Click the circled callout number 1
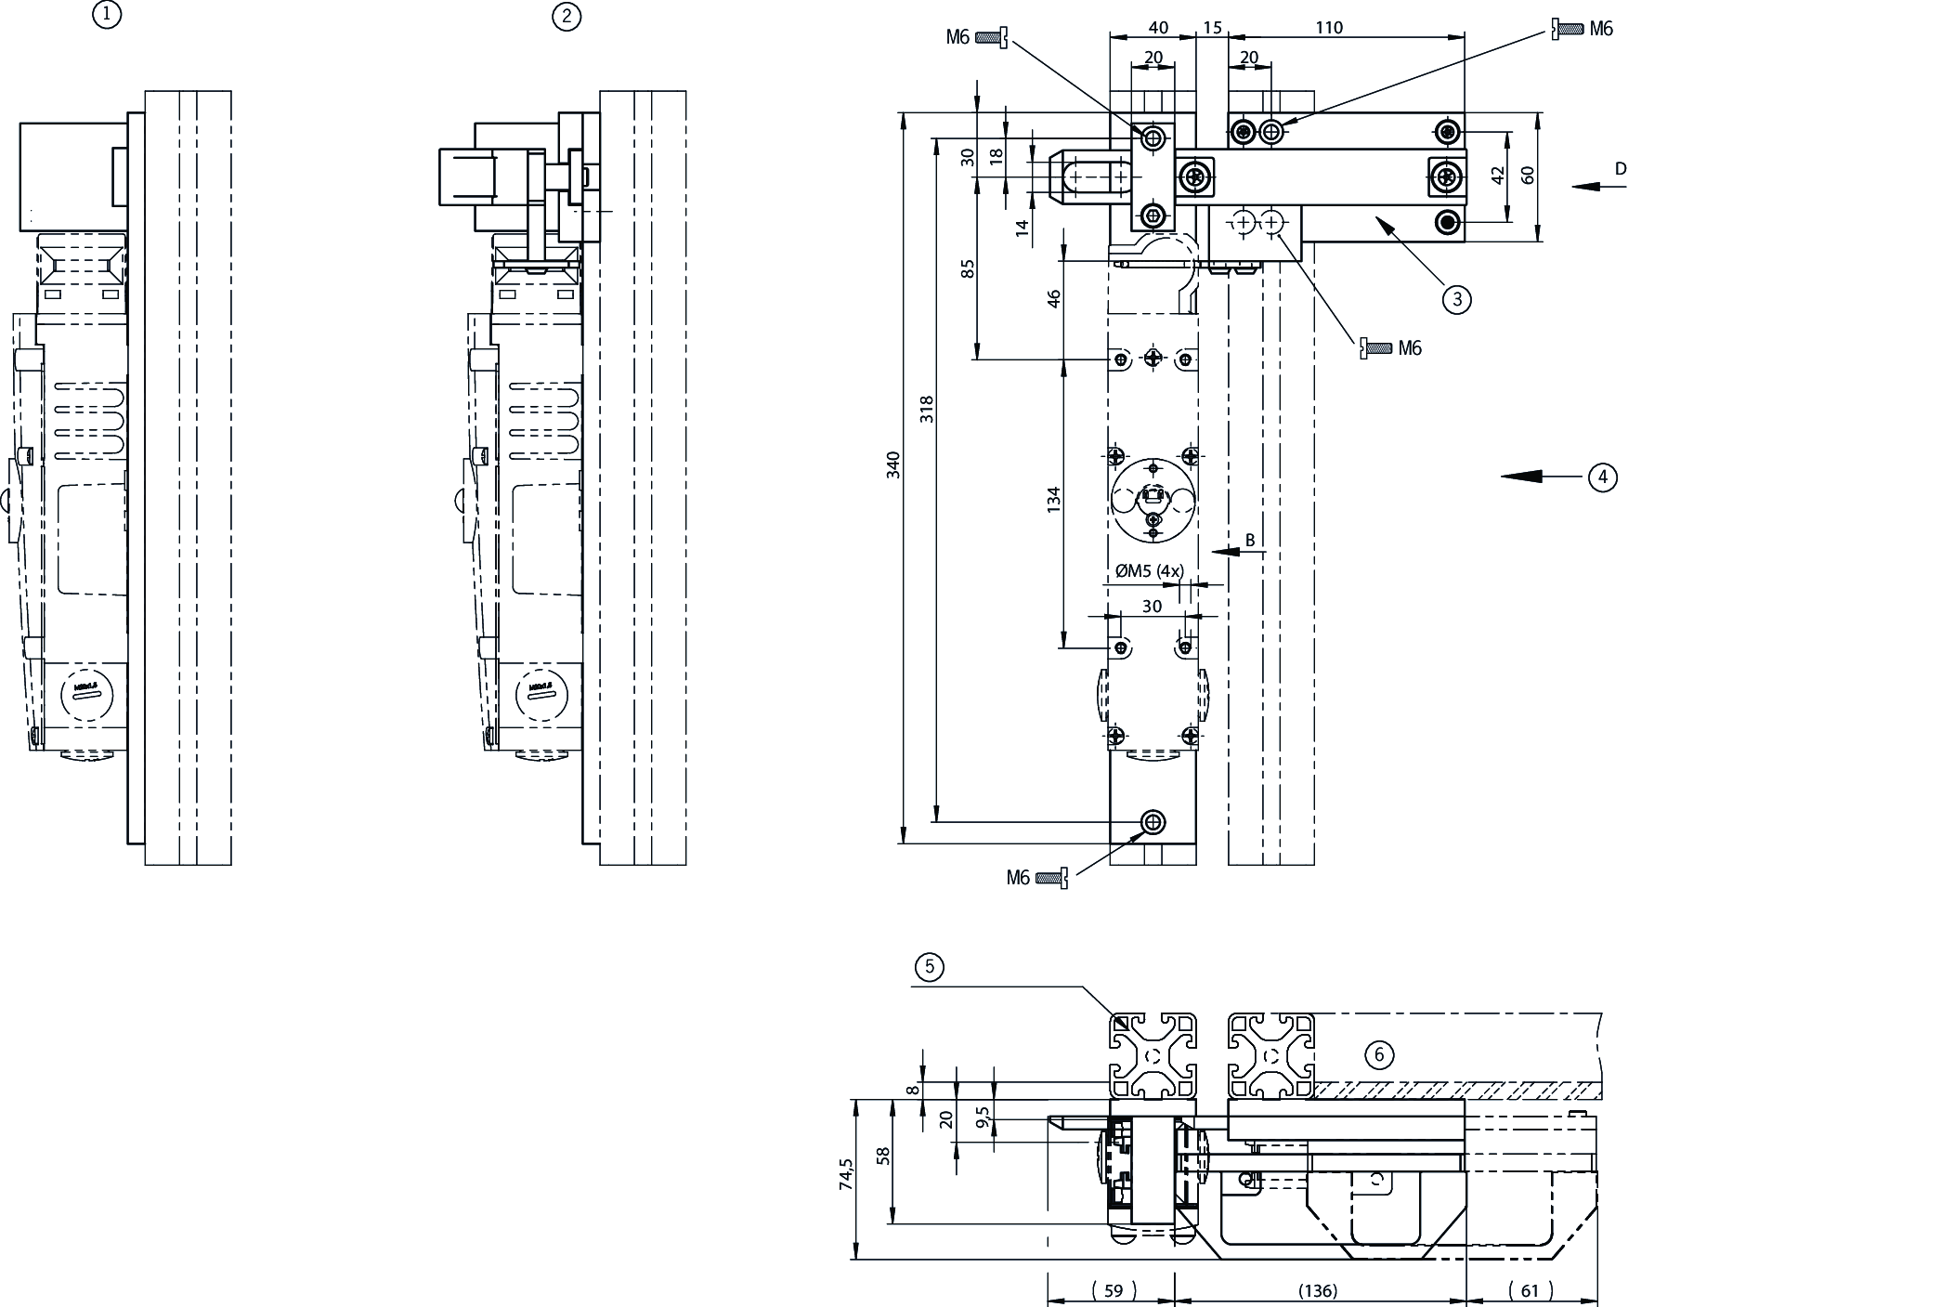pyautogui.click(x=108, y=15)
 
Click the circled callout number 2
pyautogui.click(x=566, y=16)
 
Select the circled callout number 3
pyautogui.click(x=1456, y=298)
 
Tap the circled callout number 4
pyautogui.click(x=1602, y=477)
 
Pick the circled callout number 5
pyautogui.click(x=929, y=967)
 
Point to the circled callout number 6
pyautogui.click(x=1379, y=1054)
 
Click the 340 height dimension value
pyautogui.click(x=893, y=464)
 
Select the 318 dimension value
pyautogui.click(x=927, y=410)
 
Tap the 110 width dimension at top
pyautogui.click(x=1329, y=28)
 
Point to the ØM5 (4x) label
pyautogui.click(x=1149, y=571)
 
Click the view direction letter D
pyautogui.click(x=1621, y=169)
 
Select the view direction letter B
pyautogui.click(x=1250, y=540)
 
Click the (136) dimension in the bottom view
pyautogui.click(x=1317, y=1290)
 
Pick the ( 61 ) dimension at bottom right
pyautogui.click(x=1531, y=1290)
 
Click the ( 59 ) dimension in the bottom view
pyautogui.click(x=1113, y=1290)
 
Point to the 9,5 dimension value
pyautogui.click(x=984, y=1114)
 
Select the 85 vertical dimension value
pyautogui.click(x=968, y=268)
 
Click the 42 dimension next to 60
pyautogui.click(x=1497, y=176)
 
